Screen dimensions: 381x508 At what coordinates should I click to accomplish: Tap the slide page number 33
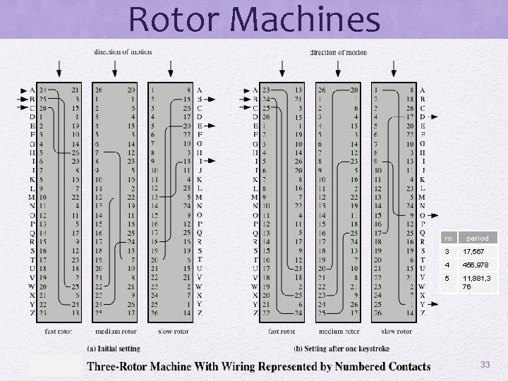point(485,364)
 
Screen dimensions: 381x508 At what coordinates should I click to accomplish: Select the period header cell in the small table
point(476,238)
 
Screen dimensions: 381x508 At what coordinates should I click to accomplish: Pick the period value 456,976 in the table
point(478,265)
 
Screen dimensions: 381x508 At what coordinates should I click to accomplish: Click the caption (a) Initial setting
point(113,349)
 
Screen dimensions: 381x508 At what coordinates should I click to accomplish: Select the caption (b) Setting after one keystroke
point(342,349)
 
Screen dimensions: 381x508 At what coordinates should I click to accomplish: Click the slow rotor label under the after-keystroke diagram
point(397,331)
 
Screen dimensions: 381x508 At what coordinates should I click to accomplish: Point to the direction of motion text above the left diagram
point(123,52)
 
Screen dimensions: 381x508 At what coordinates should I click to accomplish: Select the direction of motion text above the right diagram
point(339,52)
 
